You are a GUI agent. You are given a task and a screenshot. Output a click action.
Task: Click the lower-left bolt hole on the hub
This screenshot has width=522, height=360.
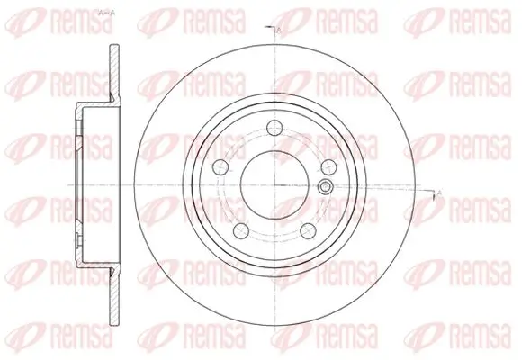tap(239, 231)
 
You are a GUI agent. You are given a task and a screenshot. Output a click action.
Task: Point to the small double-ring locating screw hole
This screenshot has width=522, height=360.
tap(326, 187)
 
